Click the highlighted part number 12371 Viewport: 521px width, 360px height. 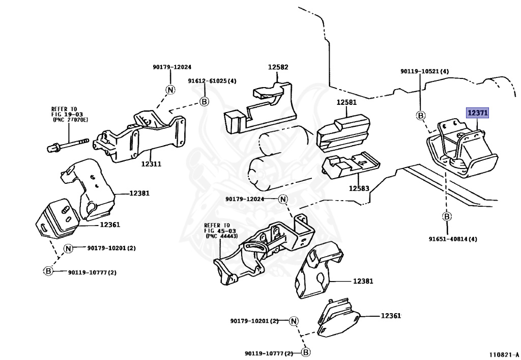pos(477,113)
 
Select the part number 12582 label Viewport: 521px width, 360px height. pos(278,67)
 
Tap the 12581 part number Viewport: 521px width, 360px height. pos(346,102)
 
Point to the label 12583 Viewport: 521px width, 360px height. pos(359,188)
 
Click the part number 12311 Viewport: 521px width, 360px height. pos(151,164)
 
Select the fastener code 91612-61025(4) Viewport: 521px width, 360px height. pos(212,81)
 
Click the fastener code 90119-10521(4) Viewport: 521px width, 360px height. pos(424,71)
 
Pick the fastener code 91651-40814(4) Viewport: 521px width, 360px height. pos(452,239)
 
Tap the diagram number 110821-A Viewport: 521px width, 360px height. pos(503,355)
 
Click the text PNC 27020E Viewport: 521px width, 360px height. pos(71,120)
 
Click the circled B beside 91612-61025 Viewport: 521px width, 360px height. pos(204,101)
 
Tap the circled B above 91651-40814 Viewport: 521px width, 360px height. pos(447,217)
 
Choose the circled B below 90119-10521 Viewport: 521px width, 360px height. pos(421,116)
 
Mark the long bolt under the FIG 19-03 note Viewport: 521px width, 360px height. pos(68,145)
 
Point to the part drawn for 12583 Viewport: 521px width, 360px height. pos(351,165)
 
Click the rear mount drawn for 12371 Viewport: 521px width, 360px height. pos(462,149)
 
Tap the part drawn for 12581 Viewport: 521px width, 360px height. pos(343,133)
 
